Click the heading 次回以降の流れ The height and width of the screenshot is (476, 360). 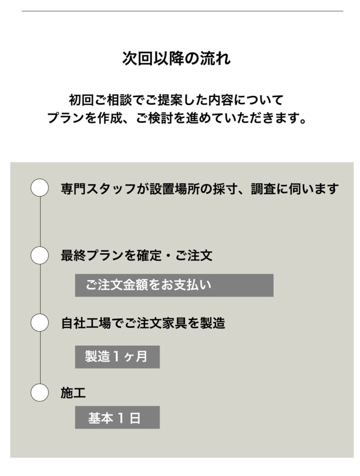(176, 58)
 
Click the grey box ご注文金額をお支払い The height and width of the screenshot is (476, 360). (174, 285)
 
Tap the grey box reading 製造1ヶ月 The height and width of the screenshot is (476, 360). (117, 357)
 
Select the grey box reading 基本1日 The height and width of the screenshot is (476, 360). (117, 417)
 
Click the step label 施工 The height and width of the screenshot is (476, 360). (73, 393)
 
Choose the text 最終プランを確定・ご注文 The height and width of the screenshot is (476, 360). (136, 255)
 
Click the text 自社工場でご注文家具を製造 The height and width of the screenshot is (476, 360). (143, 323)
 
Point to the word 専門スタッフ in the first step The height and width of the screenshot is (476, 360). (98, 189)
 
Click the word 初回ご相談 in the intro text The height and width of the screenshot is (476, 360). (100, 100)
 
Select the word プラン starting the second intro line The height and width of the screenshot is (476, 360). (66, 118)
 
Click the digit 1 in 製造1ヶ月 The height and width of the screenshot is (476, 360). (116, 357)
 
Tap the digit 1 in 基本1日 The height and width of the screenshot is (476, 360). (120, 418)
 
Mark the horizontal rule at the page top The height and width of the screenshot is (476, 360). (182, 11)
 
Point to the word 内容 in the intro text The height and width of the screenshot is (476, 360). (220, 100)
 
